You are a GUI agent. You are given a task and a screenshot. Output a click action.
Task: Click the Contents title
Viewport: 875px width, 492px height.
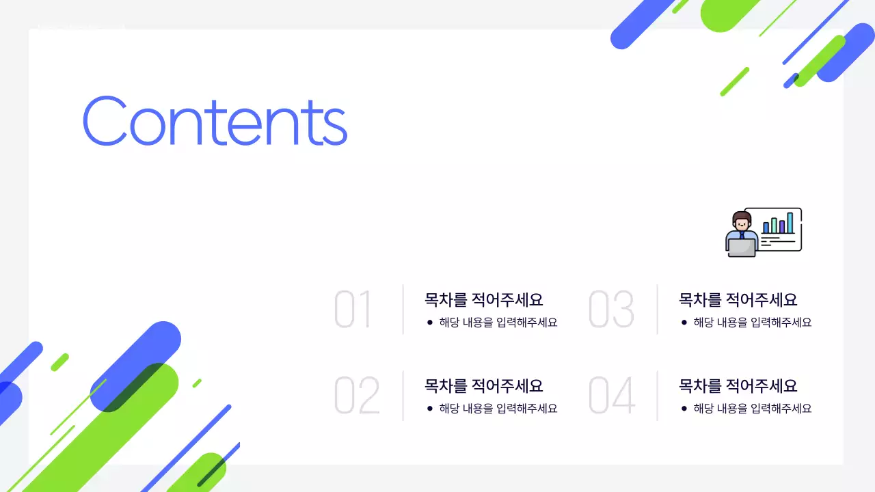[x=215, y=121]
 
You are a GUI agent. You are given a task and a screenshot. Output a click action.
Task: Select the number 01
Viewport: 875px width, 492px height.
[x=353, y=310]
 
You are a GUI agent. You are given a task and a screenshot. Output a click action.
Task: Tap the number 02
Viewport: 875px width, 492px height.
[x=356, y=396]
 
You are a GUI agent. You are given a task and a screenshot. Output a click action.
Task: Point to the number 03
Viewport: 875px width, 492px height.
[x=611, y=310]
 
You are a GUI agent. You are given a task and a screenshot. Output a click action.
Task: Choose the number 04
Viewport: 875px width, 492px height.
[x=612, y=396]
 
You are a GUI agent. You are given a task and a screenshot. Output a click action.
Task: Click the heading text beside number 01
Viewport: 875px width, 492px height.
[x=483, y=299]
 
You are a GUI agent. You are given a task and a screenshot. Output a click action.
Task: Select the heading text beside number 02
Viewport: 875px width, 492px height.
[x=483, y=385]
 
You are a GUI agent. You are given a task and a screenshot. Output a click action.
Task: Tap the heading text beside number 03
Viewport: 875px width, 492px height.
[x=738, y=299]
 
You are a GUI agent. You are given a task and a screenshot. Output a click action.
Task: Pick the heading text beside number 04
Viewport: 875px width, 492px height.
[x=738, y=385]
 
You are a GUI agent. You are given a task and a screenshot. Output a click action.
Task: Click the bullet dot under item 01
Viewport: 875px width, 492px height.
[x=429, y=323]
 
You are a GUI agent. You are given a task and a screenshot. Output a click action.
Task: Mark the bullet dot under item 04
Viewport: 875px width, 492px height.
[x=684, y=409]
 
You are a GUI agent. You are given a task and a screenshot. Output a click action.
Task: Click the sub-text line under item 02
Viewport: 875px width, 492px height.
[x=498, y=409]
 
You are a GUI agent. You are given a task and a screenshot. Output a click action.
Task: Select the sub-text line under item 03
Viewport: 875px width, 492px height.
[x=753, y=323]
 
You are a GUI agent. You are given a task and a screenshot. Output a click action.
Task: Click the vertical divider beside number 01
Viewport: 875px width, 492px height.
[x=403, y=310]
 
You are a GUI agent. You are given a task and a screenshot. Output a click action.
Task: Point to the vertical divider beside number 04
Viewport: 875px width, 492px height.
[x=657, y=396]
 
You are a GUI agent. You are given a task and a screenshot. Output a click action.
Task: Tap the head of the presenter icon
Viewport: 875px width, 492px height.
[x=742, y=221]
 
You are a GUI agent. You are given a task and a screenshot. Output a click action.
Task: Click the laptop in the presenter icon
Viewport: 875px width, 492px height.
[x=742, y=247]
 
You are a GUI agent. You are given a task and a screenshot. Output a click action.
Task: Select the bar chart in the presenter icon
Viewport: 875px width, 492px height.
[x=779, y=223]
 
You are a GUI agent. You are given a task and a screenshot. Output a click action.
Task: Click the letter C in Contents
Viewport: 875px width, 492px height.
[x=105, y=121]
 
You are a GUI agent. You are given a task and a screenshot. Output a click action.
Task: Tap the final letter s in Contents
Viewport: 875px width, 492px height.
[x=334, y=126]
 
